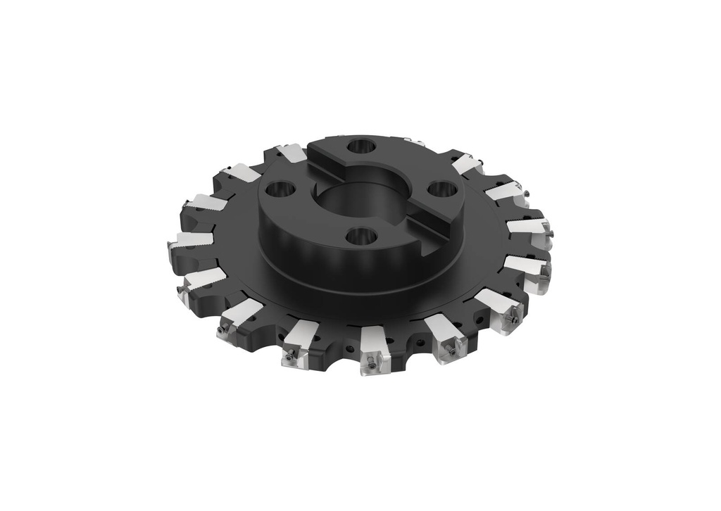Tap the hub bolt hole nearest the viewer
(x=360, y=236)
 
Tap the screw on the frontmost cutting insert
(x=371, y=365)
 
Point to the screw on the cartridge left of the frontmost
(x=288, y=358)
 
